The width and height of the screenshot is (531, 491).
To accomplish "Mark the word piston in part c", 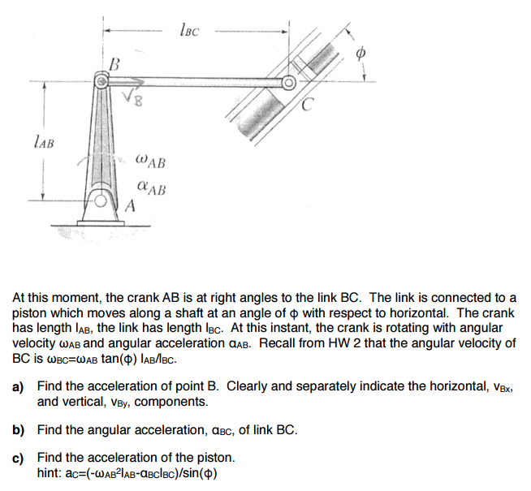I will pyautogui.click(x=214, y=459).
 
